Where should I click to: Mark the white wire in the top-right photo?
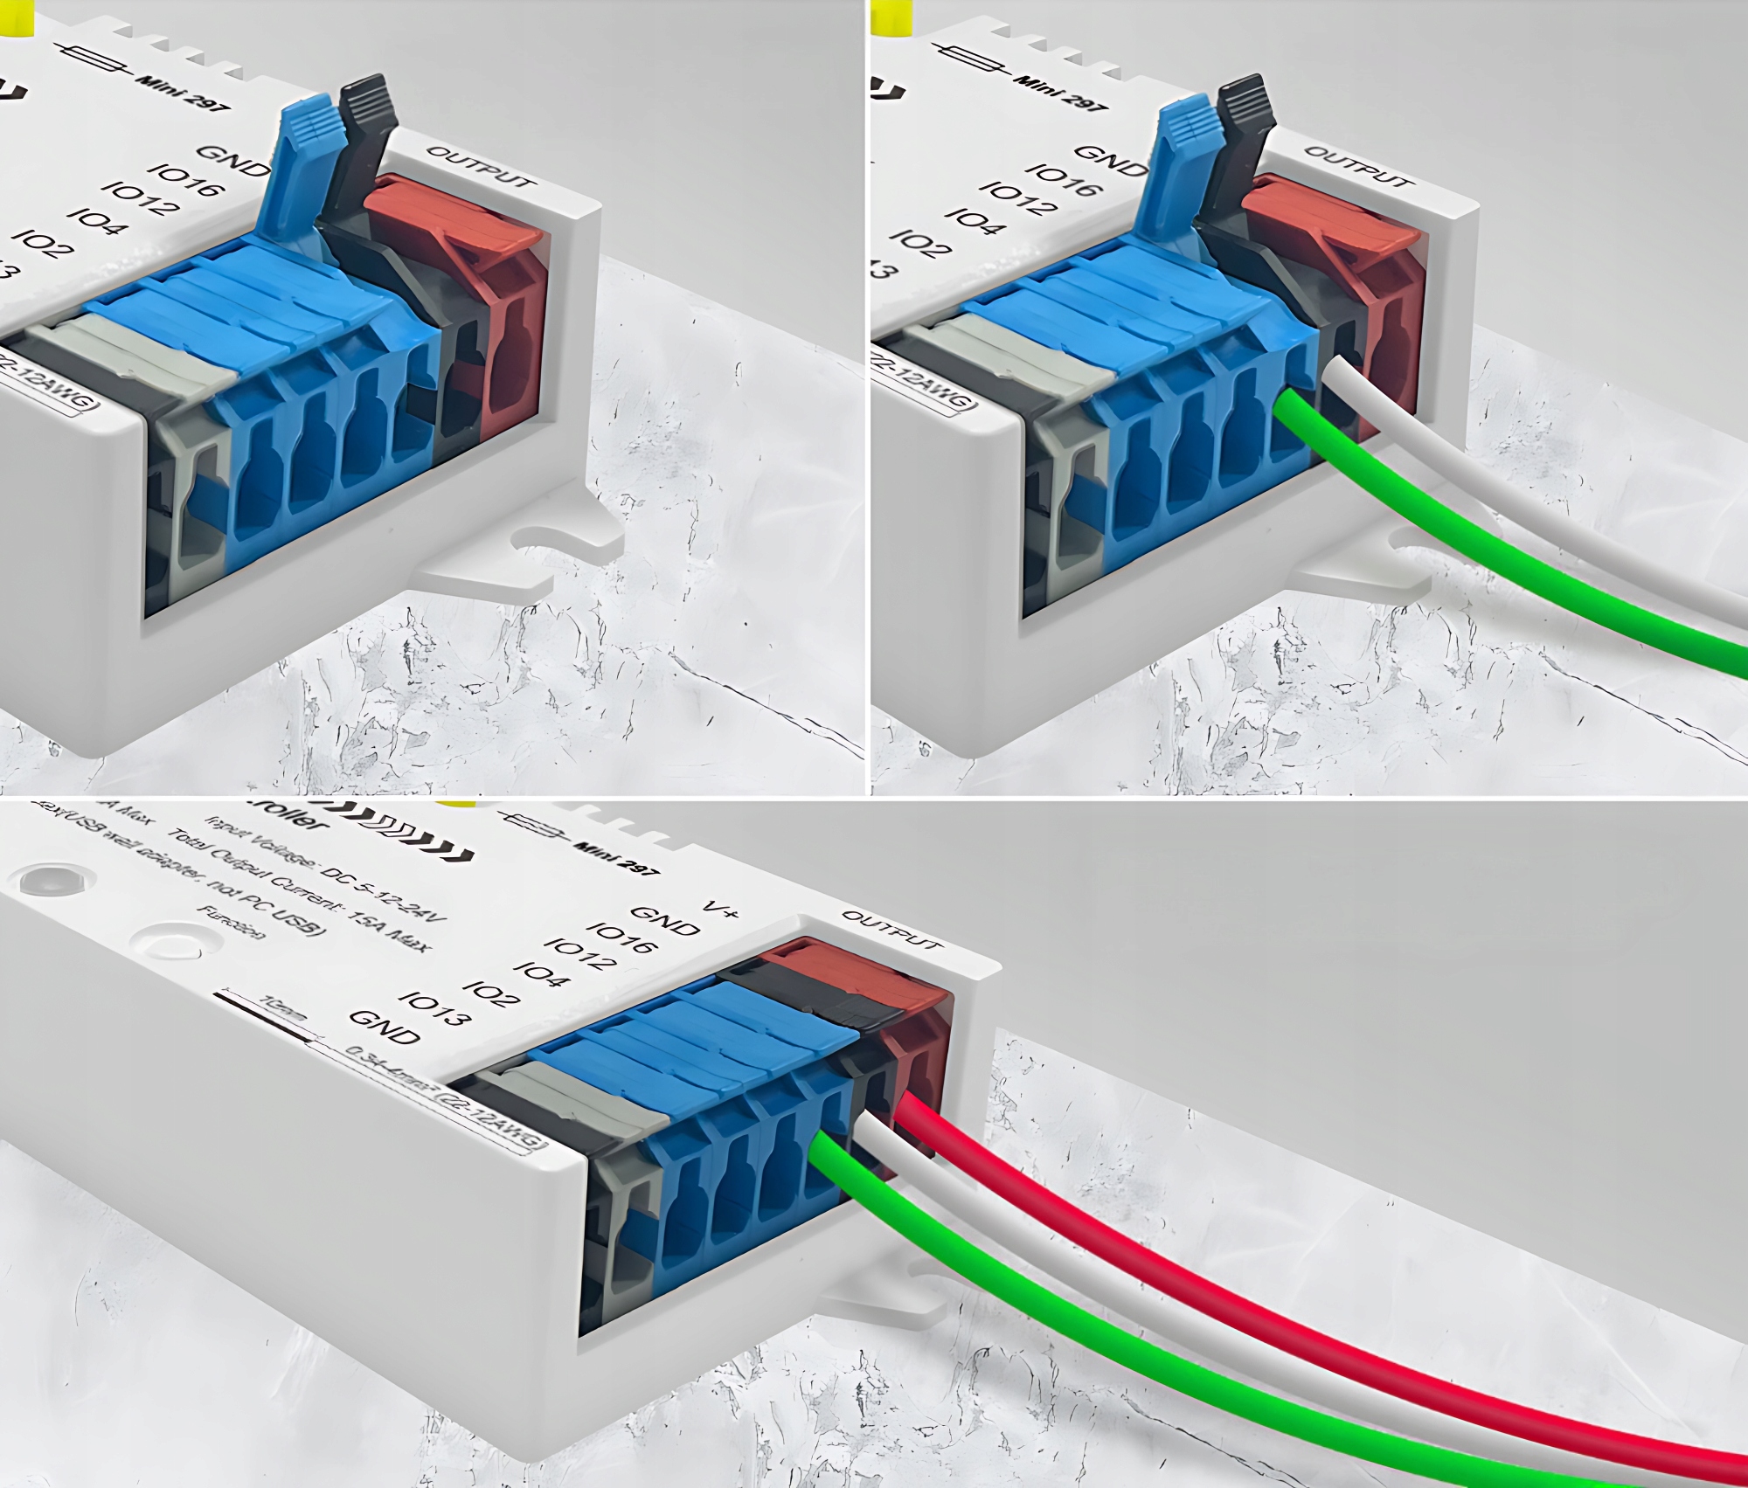click(1529, 507)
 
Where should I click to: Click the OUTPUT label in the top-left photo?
click(478, 166)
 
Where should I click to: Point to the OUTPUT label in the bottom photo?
click(891, 929)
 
